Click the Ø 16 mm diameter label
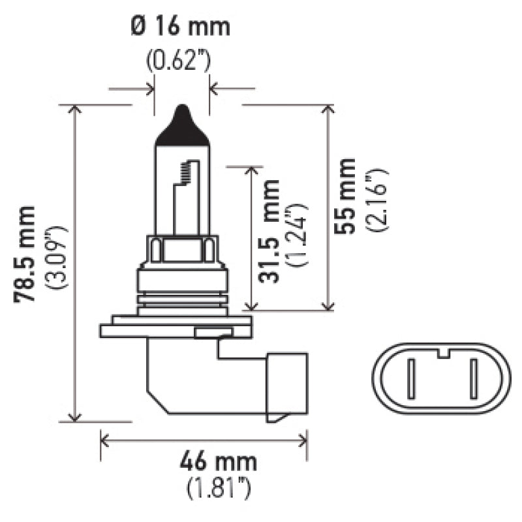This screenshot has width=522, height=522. (181, 27)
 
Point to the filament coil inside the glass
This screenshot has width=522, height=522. (187, 171)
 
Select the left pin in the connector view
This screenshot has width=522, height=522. (411, 380)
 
